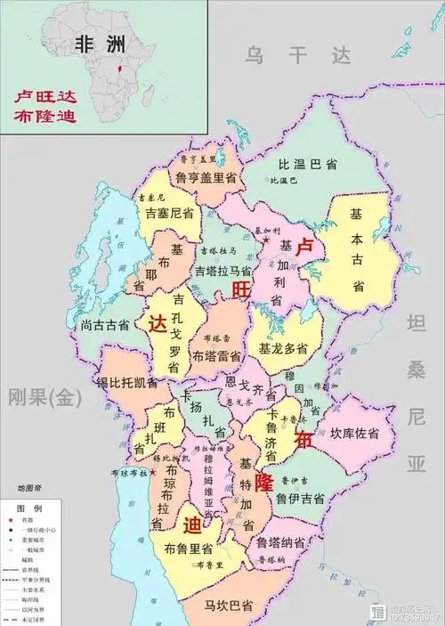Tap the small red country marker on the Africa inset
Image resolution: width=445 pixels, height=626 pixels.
(x=121, y=69)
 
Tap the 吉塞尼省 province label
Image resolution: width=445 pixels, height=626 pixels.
(x=165, y=212)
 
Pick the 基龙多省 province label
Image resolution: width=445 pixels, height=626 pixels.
(x=283, y=348)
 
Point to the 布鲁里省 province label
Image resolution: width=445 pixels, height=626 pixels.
(x=188, y=548)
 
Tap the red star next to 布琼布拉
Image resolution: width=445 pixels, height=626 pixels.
(x=153, y=471)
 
